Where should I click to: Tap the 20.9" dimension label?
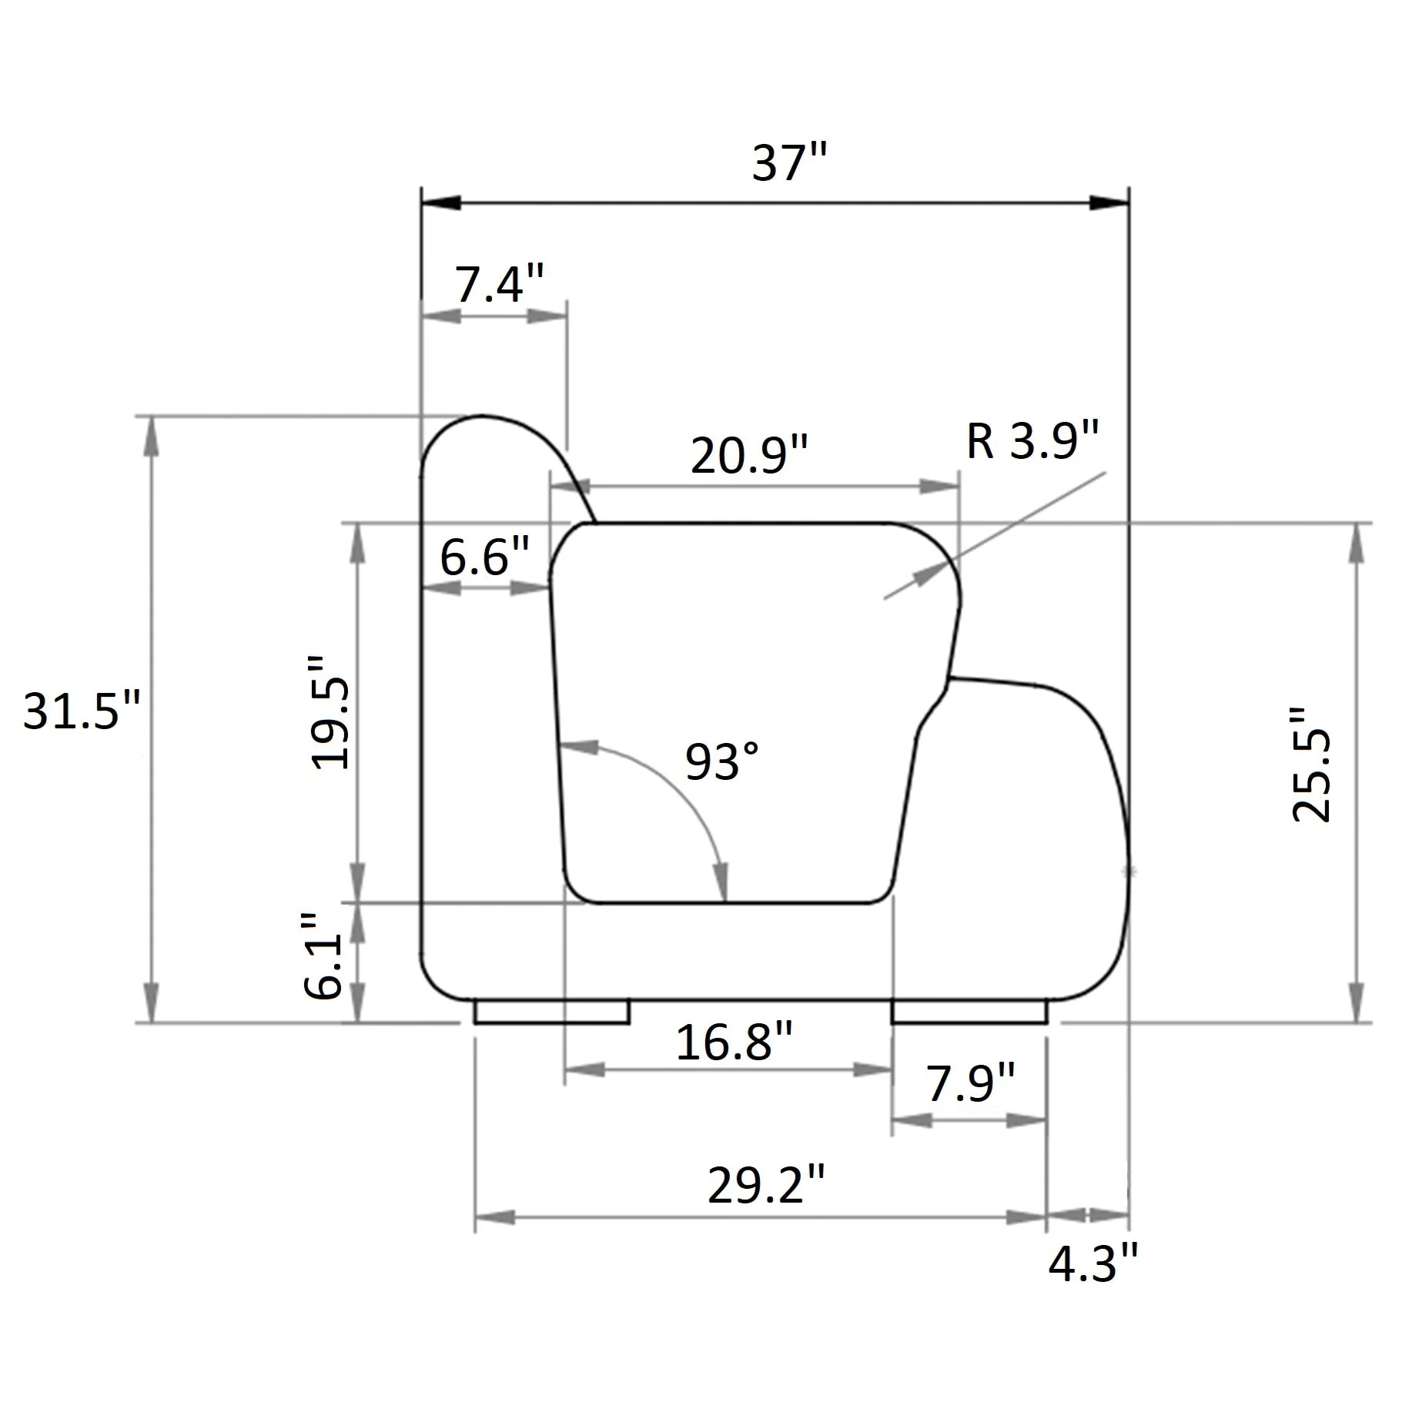[x=748, y=454]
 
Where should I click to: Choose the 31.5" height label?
[x=82, y=710]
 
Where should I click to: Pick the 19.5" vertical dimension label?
[x=331, y=712]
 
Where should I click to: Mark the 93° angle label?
[x=721, y=761]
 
